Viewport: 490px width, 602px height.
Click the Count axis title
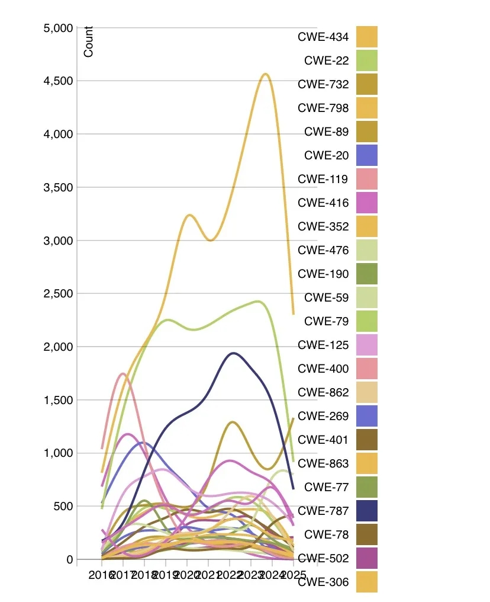click(x=89, y=42)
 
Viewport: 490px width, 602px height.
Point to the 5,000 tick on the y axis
click(x=58, y=28)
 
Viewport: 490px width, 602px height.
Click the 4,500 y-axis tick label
click(x=58, y=81)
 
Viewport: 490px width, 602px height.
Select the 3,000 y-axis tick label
click(x=58, y=241)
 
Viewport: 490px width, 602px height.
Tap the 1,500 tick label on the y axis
click(x=58, y=400)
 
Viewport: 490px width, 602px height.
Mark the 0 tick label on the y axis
click(x=69, y=559)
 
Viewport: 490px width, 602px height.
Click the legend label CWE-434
click(x=323, y=37)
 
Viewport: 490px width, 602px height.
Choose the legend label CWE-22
click(x=326, y=60)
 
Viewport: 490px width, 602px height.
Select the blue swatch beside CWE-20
click(x=366, y=155)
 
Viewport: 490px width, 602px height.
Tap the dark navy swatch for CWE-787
click(x=366, y=511)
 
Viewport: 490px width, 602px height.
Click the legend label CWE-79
click(x=326, y=321)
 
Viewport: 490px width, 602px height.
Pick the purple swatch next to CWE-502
click(x=366, y=558)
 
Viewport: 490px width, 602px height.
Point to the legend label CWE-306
click(x=323, y=582)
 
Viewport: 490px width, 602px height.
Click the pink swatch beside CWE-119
click(x=366, y=179)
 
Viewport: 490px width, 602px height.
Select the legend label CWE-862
click(x=323, y=392)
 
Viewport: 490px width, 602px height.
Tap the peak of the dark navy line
click(x=233, y=353)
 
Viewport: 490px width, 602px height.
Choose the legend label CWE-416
click(x=323, y=203)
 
